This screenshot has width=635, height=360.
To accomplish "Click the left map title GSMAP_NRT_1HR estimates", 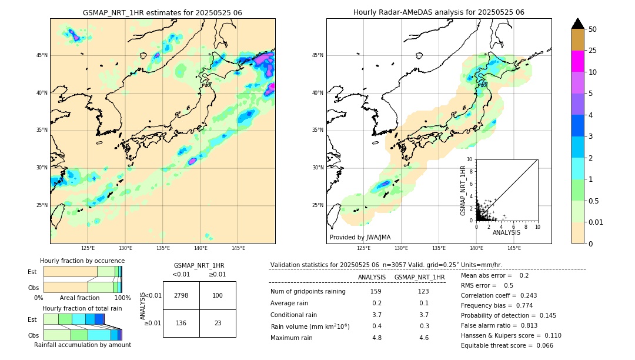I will pyautogui.click(x=162, y=12).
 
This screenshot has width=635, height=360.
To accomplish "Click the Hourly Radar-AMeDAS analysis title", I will pyautogui.click(x=439, y=12).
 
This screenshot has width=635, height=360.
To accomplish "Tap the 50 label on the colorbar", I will pyautogui.click(x=593, y=29).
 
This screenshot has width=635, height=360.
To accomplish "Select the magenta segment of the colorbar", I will pyautogui.click(x=577, y=61).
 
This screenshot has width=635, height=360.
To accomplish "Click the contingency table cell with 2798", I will pyautogui.click(x=181, y=295).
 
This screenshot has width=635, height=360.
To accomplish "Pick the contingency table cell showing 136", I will pyautogui.click(x=181, y=323).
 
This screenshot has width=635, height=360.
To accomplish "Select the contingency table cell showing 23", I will pyautogui.click(x=218, y=323).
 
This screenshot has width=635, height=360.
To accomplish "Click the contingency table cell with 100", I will pyautogui.click(x=218, y=295).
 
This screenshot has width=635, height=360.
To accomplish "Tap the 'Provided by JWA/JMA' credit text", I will pyautogui.click(x=360, y=237).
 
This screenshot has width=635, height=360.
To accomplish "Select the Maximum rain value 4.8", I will pyautogui.click(x=377, y=338).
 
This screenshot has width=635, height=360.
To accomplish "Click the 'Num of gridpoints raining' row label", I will pyautogui.click(x=308, y=292).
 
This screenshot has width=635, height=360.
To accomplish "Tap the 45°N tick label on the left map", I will pyautogui.click(x=42, y=55).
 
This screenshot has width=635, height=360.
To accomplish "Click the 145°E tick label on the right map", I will pyautogui.click(x=514, y=248).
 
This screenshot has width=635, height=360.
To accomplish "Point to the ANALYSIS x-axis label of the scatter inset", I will pyautogui.click(x=506, y=232).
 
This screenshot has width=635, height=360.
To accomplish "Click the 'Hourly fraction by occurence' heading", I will pyautogui.click(x=82, y=261).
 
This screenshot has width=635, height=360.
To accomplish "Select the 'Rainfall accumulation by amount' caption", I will pyautogui.click(x=83, y=345).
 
